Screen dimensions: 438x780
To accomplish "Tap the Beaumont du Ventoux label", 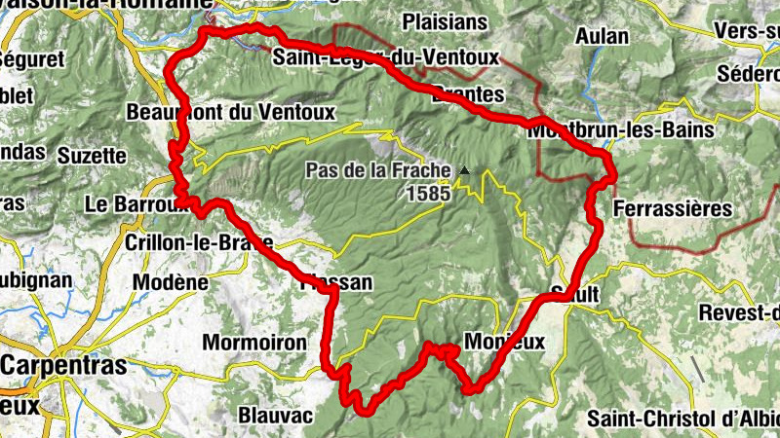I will pyautogui.click(x=230, y=113).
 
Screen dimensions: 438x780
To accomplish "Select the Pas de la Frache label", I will pyautogui.click(x=378, y=170).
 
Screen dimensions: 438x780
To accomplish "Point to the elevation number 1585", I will pyautogui.click(x=429, y=193).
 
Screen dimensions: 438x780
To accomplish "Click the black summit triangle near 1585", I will pyautogui.click(x=464, y=171).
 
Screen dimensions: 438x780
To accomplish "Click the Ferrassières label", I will pyautogui.click(x=673, y=208).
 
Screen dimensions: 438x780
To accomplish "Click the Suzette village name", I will pyautogui.click(x=92, y=155).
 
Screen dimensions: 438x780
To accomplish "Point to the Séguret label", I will pyautogui.click(x=34, y=59).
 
